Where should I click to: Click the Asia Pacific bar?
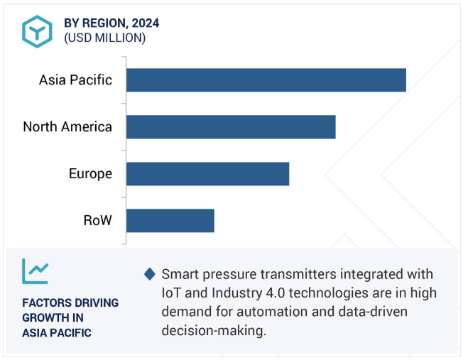pos(266,80)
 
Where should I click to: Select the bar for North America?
pos(231,127)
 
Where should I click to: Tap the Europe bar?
pos(207,174)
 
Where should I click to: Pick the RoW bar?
pos(170,221)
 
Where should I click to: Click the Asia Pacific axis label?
pos(75,80)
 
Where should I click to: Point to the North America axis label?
pos(67,127)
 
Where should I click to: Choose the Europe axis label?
pos(90,174)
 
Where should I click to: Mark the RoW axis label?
pos(97,221)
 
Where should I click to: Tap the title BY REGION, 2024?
pos(111,23)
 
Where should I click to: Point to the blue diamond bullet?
pos(149,274)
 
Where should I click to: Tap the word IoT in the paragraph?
pos(173,293)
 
